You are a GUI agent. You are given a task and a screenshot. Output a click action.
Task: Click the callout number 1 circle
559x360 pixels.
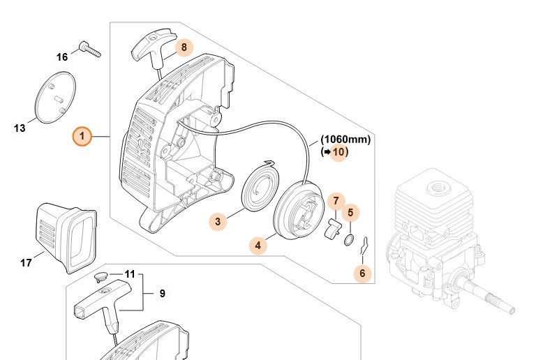coord(82,137)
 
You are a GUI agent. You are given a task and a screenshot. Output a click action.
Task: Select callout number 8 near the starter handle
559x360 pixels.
coord(184,47)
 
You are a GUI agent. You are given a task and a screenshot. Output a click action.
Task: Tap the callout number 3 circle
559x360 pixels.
coord(218,222)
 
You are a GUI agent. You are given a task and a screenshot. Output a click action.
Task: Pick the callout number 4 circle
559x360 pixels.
coord(258,245)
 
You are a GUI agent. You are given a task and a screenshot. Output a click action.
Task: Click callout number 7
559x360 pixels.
coord(335,202)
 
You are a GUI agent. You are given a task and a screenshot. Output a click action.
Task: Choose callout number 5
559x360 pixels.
coord(350,211)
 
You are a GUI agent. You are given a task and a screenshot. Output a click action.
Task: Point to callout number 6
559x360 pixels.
coord(362,273)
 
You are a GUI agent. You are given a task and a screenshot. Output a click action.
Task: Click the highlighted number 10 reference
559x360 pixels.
coord(338,151)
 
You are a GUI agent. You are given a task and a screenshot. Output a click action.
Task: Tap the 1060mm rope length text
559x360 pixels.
coord(345,139)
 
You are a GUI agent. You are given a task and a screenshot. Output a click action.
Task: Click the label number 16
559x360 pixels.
coord(62,57)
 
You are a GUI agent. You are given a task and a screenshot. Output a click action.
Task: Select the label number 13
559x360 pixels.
coord(20,128)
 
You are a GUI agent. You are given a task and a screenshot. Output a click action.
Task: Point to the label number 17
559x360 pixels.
coord(26,263)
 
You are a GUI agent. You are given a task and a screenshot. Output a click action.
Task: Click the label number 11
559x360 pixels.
coord(130,274)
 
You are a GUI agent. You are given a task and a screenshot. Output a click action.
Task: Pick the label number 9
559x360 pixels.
coord(162,294)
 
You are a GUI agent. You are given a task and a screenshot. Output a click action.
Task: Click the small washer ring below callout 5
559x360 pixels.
coord(348,241)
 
